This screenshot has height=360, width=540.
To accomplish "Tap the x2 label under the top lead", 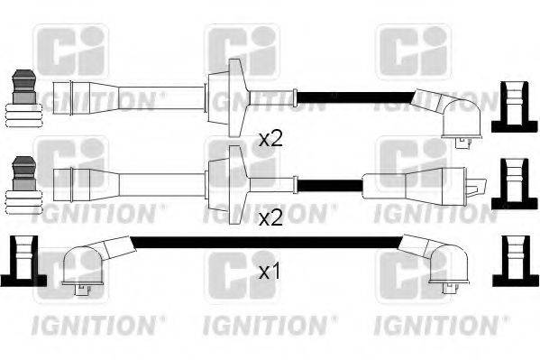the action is pyautogui.click(x=270, y=138).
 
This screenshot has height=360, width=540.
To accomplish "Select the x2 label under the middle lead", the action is pyautogui.click(x=270, y=218).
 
